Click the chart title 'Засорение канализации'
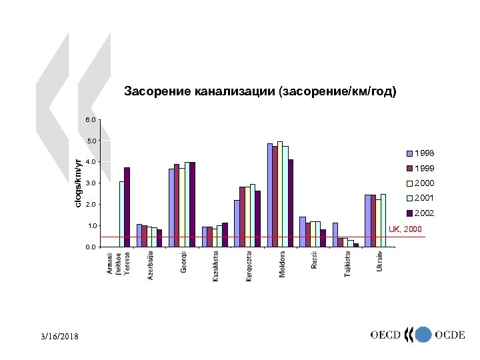click(260, 91)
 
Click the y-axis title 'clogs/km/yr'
click(78, 183)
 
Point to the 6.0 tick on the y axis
click(91, 119)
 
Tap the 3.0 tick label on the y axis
click(91, 183)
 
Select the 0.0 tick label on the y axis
click(91, 247)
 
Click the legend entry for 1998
click(423, 153)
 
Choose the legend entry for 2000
click(423, 183)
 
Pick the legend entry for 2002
click(423, 213)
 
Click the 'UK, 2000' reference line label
click(405, 229)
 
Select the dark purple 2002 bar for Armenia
click(127, 207)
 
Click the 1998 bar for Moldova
click(270, 195)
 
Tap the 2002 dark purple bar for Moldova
click(291, 203)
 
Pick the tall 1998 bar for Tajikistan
click(335, 235)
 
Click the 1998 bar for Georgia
click(171, 207)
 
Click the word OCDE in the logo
click(450, 335)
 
